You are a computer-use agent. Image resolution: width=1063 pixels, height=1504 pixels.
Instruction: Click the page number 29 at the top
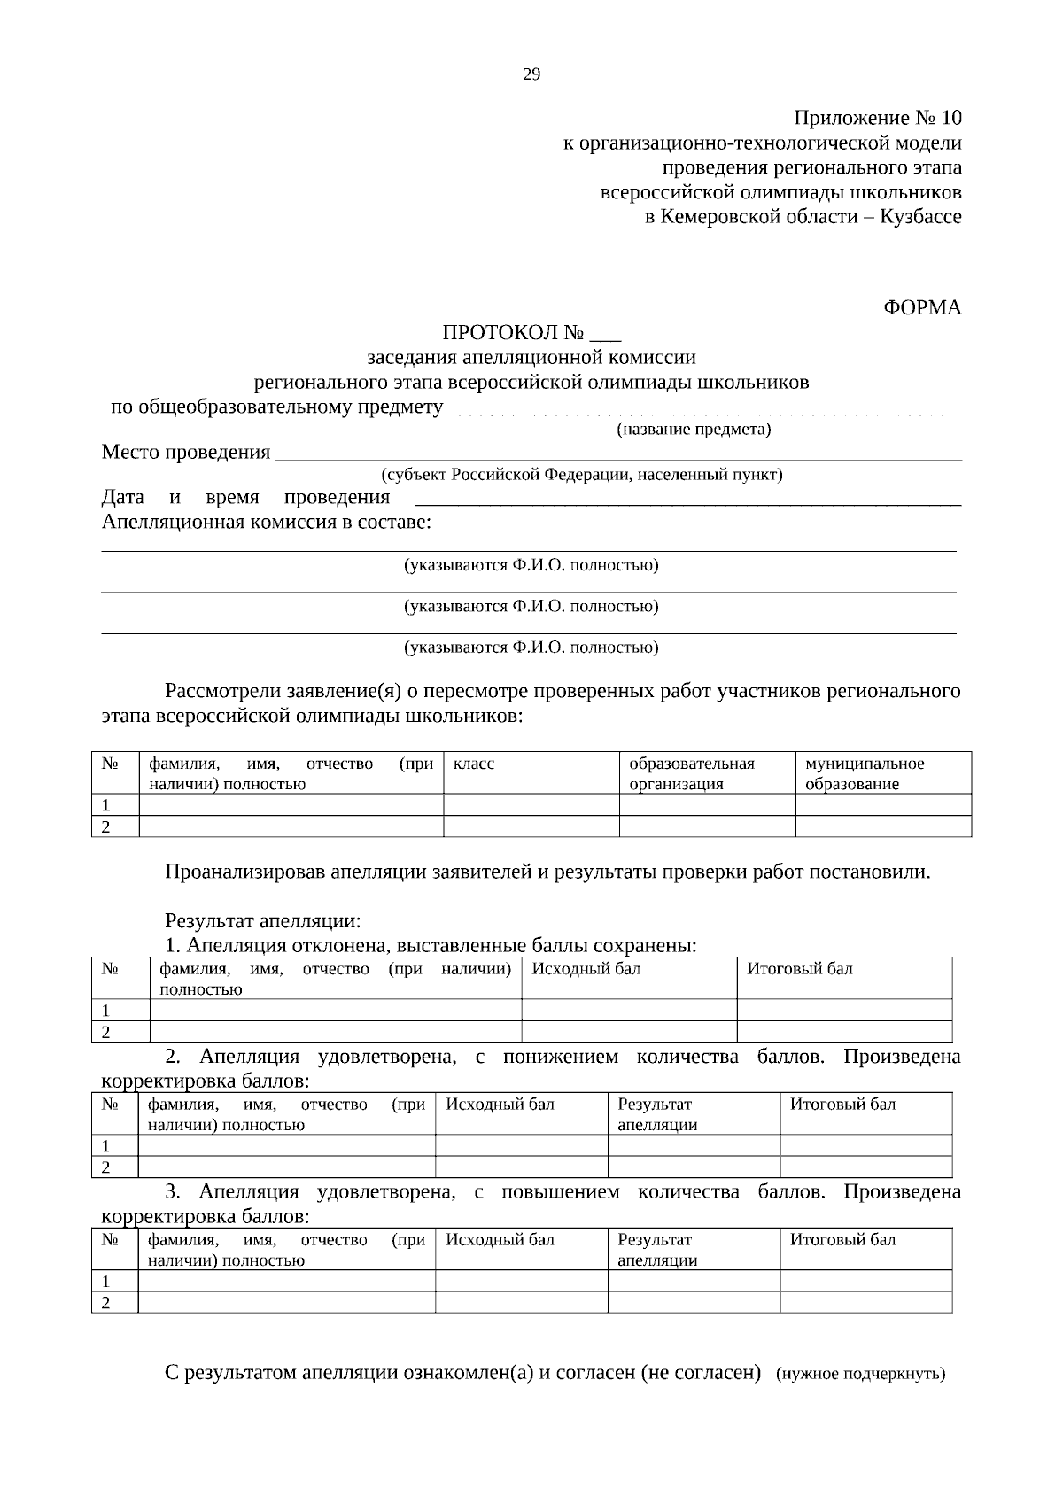tap(531, 74)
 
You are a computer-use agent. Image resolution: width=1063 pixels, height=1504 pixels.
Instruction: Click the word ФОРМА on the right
tap(922, 308)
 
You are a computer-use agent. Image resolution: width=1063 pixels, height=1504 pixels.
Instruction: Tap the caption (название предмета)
tap(694, 430)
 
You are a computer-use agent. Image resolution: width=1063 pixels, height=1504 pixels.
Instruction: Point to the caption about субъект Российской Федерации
tap(582, 475)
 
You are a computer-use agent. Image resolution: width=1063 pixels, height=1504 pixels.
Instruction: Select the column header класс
tap(474, 764)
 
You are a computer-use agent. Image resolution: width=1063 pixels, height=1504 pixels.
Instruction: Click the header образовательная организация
tap(692, 773)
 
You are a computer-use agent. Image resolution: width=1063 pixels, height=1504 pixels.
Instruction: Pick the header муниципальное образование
tap(864, 773)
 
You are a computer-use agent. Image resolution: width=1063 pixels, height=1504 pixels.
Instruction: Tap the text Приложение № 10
tap(877, 119)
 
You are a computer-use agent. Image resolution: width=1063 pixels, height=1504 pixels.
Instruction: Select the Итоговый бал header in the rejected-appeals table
tap(800, 969)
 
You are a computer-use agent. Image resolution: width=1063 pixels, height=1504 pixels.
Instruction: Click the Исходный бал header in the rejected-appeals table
tap(586, 969)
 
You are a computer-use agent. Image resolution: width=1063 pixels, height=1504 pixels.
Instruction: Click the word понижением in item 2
tap(560, 1057)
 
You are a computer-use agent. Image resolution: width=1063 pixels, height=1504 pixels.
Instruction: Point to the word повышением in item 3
tap(561, 1192)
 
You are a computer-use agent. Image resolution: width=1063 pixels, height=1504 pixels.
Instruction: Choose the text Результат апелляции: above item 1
tap(263, 921)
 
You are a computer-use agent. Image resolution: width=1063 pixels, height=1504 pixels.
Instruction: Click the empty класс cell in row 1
tap(531, 805)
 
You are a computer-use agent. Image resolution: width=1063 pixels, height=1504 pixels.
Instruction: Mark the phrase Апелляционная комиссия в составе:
tap(267, 522)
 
